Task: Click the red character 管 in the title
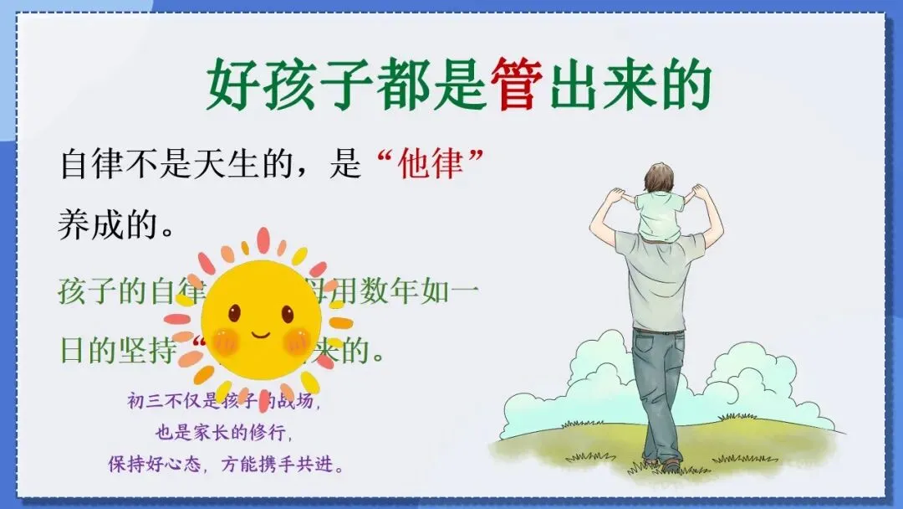(514, 85)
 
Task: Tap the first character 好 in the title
(233, 85)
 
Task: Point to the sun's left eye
(234, 313)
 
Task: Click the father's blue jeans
(657, 393)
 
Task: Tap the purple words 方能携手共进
(284, 464)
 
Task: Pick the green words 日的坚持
(116, 349)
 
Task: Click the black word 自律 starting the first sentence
(90, 164)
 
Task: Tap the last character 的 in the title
(685, 85)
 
